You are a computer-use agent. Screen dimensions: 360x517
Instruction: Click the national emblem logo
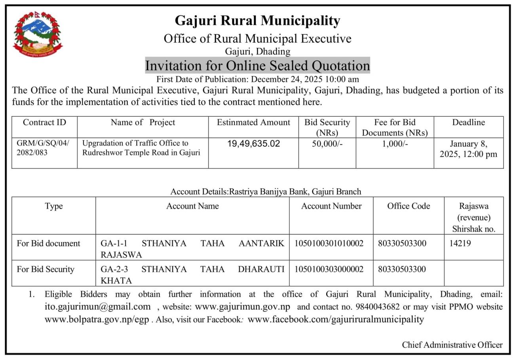[x=38, y=34]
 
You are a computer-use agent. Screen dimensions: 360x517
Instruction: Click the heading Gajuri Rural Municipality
[x=257, y=20]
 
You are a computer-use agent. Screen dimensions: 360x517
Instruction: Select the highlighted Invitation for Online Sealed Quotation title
[x=257, y=65]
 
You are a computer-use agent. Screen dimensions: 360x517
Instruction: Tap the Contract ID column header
[x=44, y=123]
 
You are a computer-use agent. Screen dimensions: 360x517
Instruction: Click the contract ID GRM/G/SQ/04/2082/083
[x=43, y=148]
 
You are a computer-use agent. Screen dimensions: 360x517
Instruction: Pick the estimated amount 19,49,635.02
[x=253, y=144]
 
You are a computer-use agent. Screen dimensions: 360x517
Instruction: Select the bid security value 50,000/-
[x=327, y=144]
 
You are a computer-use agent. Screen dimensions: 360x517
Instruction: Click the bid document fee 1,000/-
[x=395, y=144]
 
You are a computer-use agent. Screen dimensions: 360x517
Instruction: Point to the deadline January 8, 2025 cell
[x=468, y=149]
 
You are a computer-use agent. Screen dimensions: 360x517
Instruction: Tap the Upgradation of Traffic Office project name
[x=141, y=148]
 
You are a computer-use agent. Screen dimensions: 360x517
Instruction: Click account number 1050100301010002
[x=329, y=243]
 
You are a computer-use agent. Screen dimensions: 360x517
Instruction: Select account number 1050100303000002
[x=329, y=269]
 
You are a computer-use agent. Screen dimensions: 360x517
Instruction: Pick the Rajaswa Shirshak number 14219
[x=460, y=243]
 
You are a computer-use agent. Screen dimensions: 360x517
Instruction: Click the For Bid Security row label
[x=46, y=269]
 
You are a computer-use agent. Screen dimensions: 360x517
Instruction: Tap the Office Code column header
[x=409, y=206]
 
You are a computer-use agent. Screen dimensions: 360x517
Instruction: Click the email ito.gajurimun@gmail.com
[x=97, y=307]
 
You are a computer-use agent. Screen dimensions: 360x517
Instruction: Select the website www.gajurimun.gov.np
[x=243, y=307]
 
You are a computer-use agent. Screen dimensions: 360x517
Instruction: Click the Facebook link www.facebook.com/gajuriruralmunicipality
[x=336, y=319]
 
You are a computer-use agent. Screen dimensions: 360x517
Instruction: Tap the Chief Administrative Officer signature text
[x=452, y=345]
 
